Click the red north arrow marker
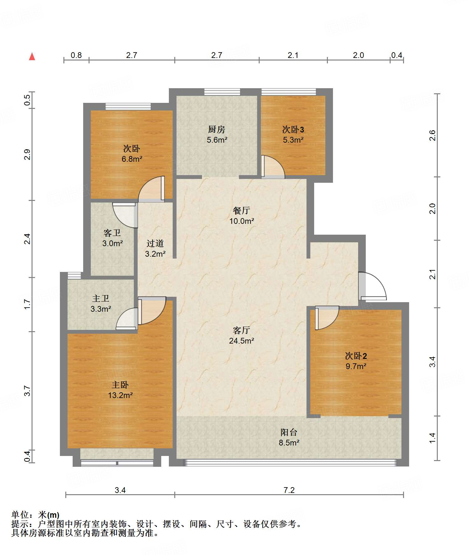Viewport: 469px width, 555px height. (32, 56)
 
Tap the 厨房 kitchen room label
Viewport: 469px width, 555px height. (217, 129)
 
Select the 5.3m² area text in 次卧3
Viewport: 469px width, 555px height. (293, 140)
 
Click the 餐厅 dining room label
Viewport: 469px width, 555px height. (242, 210)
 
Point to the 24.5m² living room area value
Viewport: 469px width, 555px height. (242, 341)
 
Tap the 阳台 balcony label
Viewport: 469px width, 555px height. (289, 432)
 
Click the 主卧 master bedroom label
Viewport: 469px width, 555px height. (120, 385)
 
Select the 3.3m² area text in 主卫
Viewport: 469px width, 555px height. (101, 309)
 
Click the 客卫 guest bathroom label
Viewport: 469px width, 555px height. (112, 233)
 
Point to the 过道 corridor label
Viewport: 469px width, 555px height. (155, 244)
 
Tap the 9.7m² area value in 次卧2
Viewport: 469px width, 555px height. (356, 366)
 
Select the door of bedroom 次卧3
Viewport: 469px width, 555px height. (273, 167)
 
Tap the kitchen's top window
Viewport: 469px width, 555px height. (222, 92)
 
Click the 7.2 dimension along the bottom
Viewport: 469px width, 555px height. (289, 490)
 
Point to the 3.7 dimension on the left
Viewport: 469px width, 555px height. (27, 391)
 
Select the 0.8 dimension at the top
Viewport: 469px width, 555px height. (76, 55)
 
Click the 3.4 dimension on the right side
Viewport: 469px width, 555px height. (432, 362)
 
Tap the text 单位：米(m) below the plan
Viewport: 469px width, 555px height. (35, 515)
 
